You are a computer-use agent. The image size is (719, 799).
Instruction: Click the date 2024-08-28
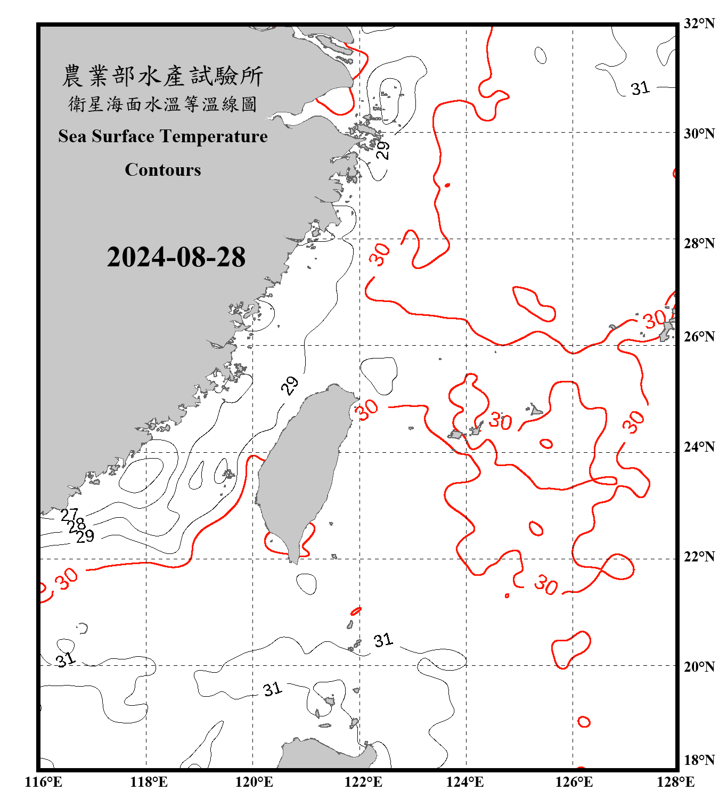(176, 257)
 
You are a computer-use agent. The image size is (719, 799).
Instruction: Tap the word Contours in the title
(163, 169)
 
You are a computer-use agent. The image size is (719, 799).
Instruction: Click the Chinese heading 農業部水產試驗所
(162, 76)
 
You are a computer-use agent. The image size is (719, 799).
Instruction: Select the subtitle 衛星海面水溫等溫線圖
(162, 104)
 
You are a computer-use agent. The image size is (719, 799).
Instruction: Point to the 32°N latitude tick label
(699, 23)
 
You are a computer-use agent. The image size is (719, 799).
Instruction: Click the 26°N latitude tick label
(699, 337)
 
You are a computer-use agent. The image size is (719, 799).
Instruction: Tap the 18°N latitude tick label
(699, 760)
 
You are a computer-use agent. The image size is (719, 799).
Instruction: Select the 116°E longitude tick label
(44, 782)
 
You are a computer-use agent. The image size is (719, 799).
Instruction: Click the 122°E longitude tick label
(363, 782)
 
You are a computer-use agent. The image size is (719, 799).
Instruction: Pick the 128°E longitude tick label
(675, 782)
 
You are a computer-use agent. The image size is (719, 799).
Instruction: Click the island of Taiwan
(301, 469)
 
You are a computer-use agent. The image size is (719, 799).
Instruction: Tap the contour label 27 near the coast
(69, 515)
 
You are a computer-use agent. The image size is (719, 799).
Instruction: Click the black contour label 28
(77, 525)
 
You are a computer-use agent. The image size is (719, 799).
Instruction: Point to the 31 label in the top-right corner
(640, 88)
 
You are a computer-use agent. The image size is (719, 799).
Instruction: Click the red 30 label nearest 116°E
(68, 578)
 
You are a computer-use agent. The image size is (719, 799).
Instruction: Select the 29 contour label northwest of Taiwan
(290, 385)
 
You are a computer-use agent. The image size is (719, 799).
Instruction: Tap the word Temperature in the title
(214, 136)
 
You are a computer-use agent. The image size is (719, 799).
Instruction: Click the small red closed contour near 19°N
(584, 722)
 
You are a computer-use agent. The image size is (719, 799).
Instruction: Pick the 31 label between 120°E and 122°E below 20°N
(272, 689)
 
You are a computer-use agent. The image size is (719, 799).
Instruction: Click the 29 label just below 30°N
(382, 150)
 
